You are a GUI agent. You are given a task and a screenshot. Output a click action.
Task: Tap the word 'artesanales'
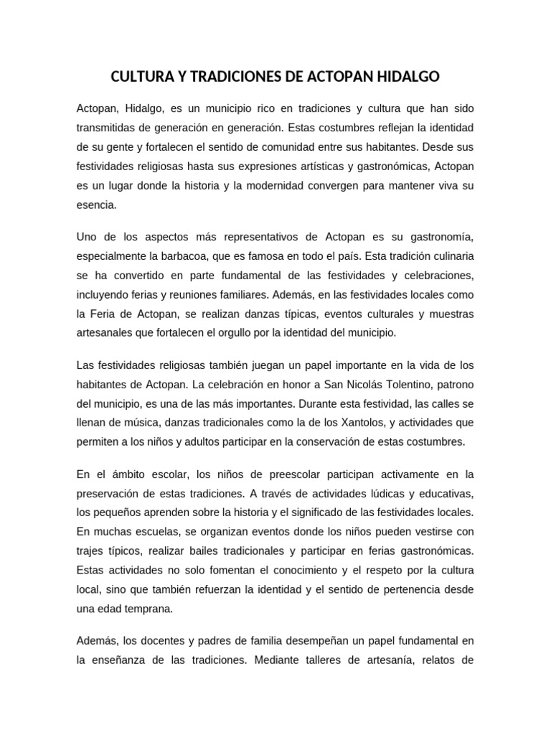pyautogui.click(x=104, y=333)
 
